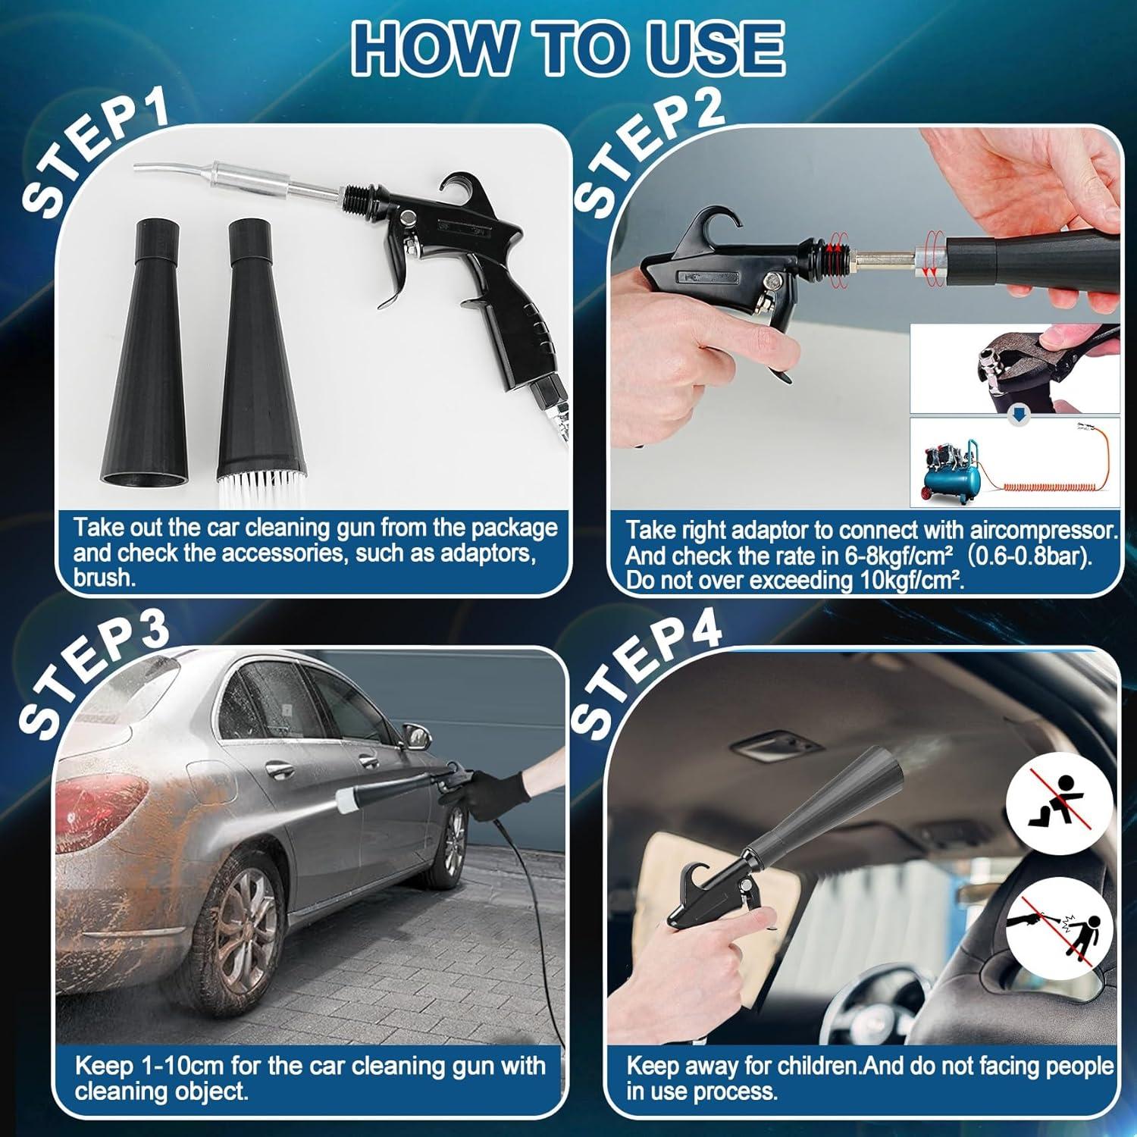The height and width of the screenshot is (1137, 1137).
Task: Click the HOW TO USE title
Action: (568, 49)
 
